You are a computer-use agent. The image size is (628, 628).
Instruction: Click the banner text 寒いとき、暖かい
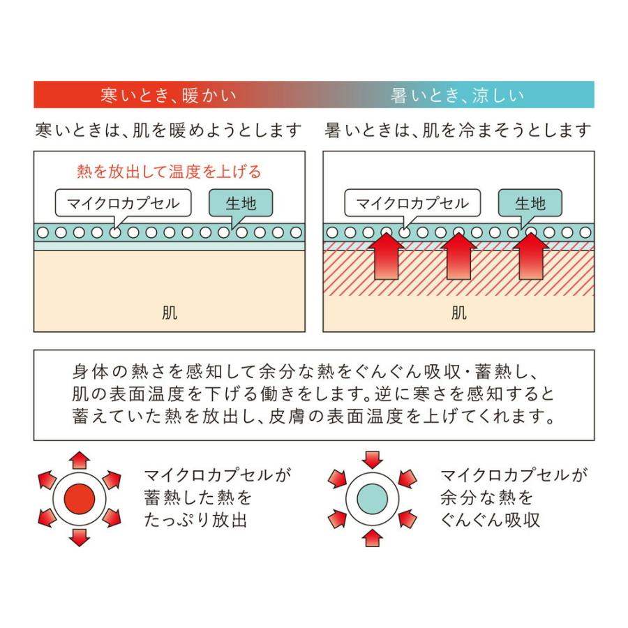pyautogui.click(x=168, y=96)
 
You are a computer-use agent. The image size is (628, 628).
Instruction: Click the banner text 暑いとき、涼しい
pyautogui.click(x=457, y=96)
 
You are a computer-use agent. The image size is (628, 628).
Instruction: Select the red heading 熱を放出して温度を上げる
pyautogui.click(x=169, y=172)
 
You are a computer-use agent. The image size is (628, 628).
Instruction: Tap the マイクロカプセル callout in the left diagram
pyautogui.click(x=123, y=203)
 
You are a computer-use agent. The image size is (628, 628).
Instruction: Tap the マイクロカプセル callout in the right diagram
pyautogui.click(x=412, y=203)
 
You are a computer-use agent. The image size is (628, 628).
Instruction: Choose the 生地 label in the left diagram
pyautogui.click(x=241, y=203)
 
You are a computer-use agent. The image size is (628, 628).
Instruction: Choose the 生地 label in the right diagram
pyautogui.click(x=530, y=203)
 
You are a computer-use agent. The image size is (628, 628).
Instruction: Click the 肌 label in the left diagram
pyautogui.click(x=170, y=313)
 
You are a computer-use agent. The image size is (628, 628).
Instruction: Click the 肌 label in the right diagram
pyautogui.click(x=458, y=313)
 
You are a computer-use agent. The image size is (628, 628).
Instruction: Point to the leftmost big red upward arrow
pyautogui.click(x=386, y=256)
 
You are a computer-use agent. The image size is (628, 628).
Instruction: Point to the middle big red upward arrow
pyautogui.click(x=458, y=256)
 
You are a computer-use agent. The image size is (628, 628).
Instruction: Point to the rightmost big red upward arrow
pyautogui.click(x=531, y=256)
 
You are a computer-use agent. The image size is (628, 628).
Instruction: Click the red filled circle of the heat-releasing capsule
pyautogui.click(x=80, y=499)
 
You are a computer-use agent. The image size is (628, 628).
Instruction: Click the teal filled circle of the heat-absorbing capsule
pyautogui.click(x=373, y=499)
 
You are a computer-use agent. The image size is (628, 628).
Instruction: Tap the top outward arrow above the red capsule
pyautogui.click(x=80, y=461)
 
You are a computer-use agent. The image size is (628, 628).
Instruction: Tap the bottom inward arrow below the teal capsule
pyautogui.click(x=373, y=538)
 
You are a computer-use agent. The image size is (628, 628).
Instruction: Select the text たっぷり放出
pyautogui.click(x=195, y=521)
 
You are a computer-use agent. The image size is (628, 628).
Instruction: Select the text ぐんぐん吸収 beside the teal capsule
pyautogui.click(x=491, y=521)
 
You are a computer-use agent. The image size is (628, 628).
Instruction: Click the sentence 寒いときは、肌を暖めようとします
pyautogui.click(x=169, y=130)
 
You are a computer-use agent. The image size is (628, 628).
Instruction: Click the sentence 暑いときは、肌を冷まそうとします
pyautogui.click(x=458, y=130)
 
